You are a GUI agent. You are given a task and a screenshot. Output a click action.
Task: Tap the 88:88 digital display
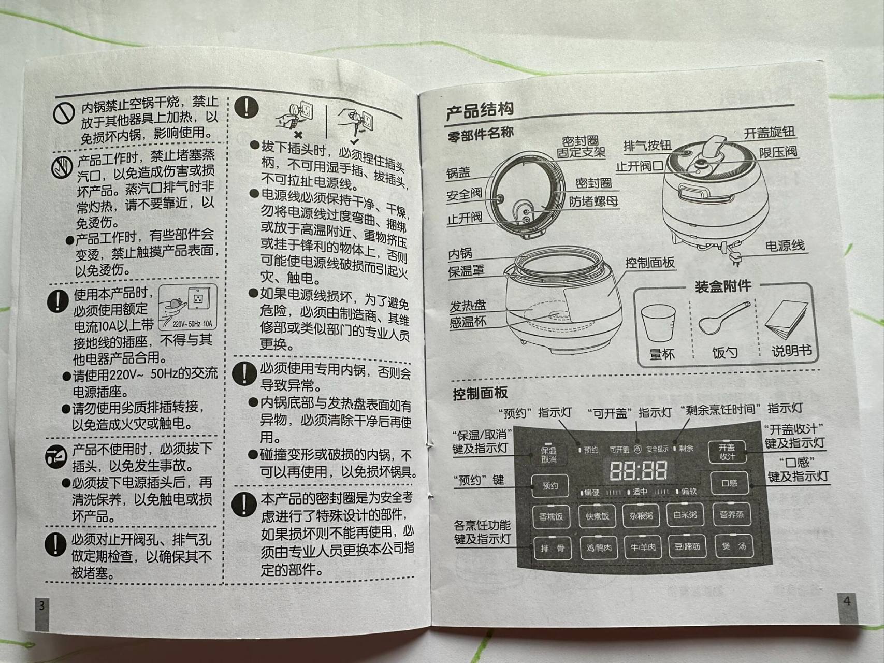pyautogui.click(x=638, y=470)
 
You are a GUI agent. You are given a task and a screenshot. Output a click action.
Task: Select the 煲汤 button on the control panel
pyautogui.click(x=734, y=546)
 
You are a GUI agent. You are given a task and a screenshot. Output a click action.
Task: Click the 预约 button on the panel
pyautogui.click(x=550, y=486)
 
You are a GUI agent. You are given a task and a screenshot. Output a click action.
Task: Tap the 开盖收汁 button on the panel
pyautogui.click(x=727, y=452)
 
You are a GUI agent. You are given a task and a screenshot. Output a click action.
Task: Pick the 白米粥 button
pyautogui.click(x=685, y=515)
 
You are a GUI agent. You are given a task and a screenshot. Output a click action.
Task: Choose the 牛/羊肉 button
pyautogui.click(x=643, y=547)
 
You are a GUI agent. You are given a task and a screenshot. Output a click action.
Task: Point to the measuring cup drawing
pyautogui.click(x=658, y=323)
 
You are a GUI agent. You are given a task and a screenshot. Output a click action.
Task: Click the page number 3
pyautogui.click(x=42, y=606)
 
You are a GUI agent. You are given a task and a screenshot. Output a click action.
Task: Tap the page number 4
pyautogui.click(x=847, y=601)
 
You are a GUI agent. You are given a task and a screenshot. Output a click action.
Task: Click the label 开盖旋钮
pyautogui.click(x=769, y=133)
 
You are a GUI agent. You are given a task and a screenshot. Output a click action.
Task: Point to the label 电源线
pyautogui.click(x=785, y=246)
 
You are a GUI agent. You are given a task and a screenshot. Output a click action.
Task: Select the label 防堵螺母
pyautogui.click(x=593, y=201)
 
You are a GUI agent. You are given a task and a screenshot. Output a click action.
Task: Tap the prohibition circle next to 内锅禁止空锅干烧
pyautogui.click(x=64, y=112)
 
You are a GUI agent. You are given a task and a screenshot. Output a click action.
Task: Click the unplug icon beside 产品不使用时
pyautogui.click(x=56, y=457)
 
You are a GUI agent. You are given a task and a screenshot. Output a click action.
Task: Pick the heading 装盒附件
pyautogui.click(x=722, y=286)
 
